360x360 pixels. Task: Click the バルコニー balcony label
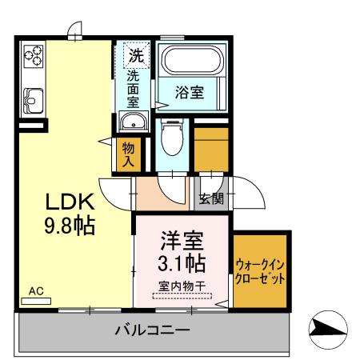(151, 329)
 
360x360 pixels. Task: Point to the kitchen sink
(34, 100)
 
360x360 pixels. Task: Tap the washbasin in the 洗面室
(134, 122)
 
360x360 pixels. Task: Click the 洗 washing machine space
(135, 57)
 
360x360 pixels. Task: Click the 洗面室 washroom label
(134, 90)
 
